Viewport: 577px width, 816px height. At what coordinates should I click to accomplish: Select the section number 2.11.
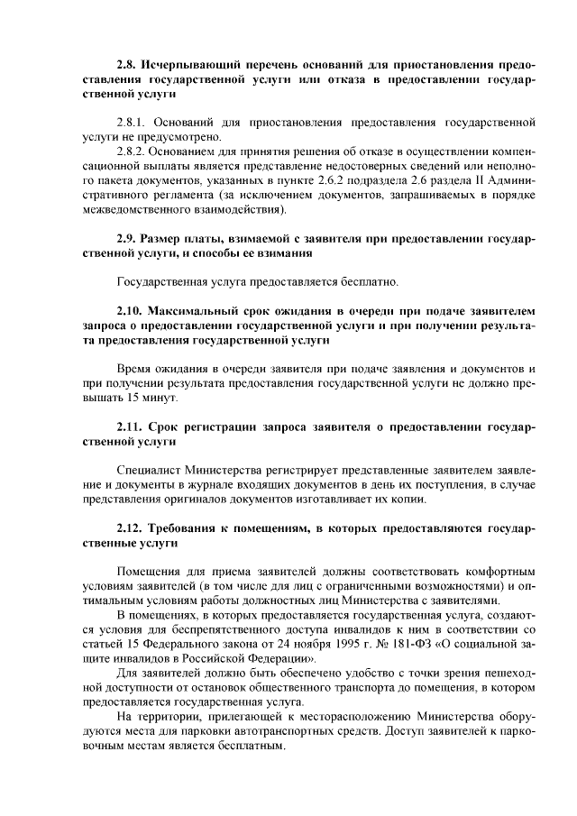point(132,427)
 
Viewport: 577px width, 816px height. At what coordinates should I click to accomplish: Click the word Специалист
point(150,469)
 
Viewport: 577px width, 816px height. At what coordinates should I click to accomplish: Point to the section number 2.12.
point(132,527)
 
